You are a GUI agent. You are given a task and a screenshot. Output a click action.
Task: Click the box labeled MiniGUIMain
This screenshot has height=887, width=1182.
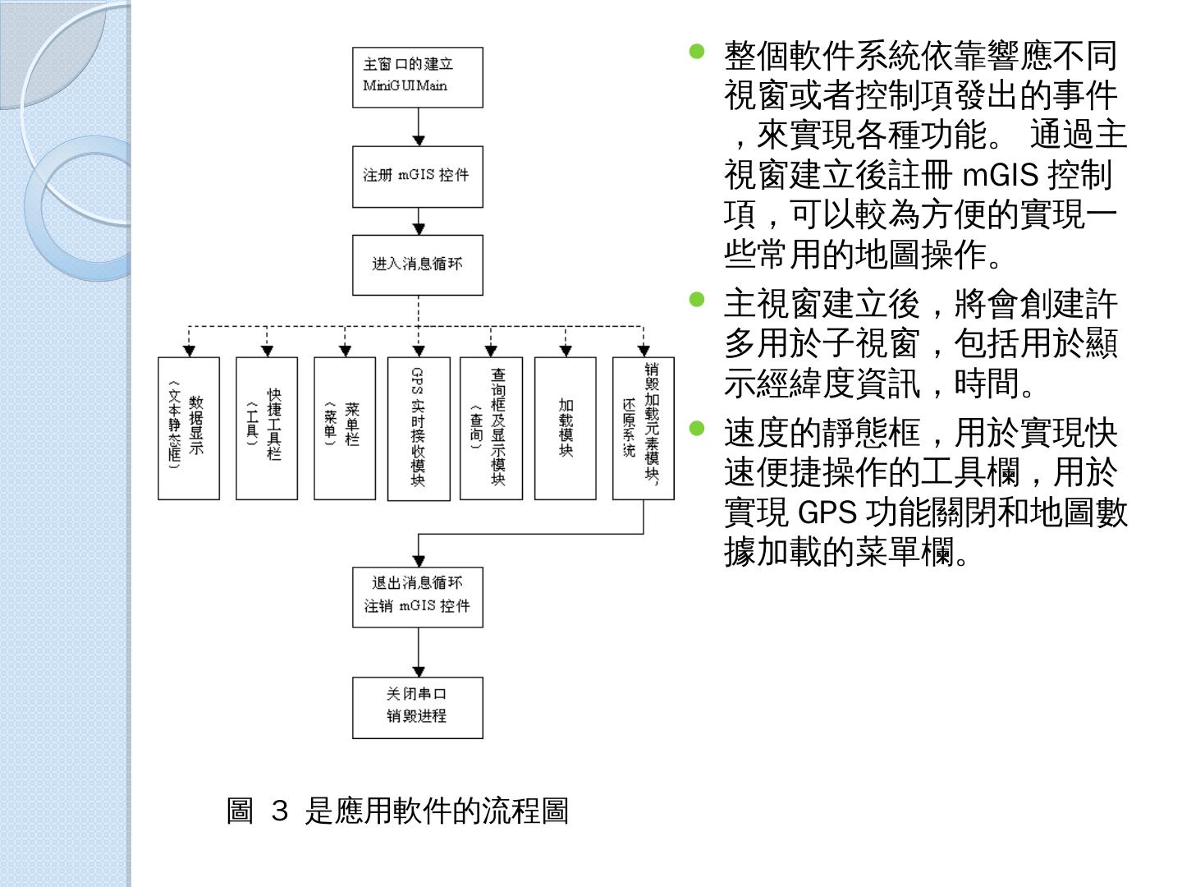[417, 77]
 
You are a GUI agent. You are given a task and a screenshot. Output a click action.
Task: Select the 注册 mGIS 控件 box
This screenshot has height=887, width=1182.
[417, 177]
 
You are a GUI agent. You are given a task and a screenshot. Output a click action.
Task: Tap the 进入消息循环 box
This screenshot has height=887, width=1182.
[417, 264]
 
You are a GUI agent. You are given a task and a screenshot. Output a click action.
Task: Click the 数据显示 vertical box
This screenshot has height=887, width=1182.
[189, 428]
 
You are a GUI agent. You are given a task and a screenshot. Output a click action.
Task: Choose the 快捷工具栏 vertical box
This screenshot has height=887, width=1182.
[267, 428]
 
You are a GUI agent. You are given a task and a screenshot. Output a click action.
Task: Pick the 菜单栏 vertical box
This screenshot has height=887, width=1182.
[345, 428]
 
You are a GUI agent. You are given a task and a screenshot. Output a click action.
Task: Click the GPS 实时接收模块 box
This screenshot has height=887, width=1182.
[419, 428]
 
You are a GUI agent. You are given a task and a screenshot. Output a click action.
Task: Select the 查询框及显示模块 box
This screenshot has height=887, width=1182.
[491, 428]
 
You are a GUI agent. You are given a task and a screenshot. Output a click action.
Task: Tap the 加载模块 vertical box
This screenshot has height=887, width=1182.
[565, 428]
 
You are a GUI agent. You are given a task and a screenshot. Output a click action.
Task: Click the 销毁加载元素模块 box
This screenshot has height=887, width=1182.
[644, 428]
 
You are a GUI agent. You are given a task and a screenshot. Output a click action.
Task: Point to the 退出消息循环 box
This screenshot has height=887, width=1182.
[417, 596]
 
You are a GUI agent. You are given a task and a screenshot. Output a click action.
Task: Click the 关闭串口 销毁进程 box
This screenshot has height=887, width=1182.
[417, 707]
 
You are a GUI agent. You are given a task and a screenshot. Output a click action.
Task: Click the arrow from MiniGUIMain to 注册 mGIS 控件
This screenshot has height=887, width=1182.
[419, 127]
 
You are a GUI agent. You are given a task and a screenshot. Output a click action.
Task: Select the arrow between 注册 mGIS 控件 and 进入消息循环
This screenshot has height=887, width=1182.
[419, 221]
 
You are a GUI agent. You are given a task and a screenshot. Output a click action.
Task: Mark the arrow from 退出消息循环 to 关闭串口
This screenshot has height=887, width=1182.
[419, 652]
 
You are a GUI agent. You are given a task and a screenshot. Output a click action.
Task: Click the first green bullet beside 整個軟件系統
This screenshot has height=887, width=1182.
[698, 52]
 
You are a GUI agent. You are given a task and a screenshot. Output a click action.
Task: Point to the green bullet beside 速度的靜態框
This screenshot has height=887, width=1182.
[698, 427]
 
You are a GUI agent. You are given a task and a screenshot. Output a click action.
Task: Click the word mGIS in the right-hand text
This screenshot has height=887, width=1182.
[1000, 175]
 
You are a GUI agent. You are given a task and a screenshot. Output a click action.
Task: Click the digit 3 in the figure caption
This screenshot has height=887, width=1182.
[279, 812]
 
